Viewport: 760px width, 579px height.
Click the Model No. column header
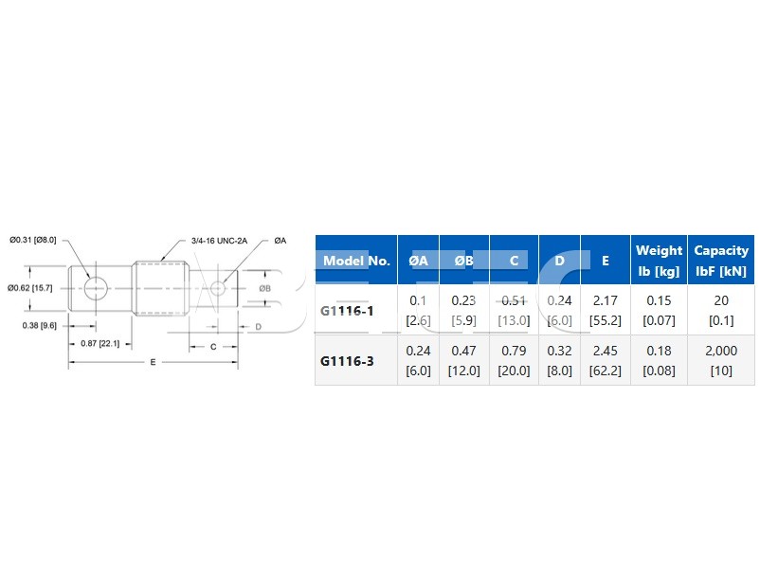[356, 261]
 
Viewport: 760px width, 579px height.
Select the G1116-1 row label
[347, 311]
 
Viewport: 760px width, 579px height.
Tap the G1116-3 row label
[347, 361]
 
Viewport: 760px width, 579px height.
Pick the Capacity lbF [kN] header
[721, 261]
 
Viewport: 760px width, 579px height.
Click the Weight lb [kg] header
[659, 261]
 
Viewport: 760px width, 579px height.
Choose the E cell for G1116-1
[605, 310]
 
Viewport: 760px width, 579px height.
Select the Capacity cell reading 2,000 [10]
[721, 360]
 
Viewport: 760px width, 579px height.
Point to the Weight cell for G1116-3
[659, 360]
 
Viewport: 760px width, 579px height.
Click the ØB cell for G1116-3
[463, 360]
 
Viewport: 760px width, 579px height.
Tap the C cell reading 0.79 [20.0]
[514, 360]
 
